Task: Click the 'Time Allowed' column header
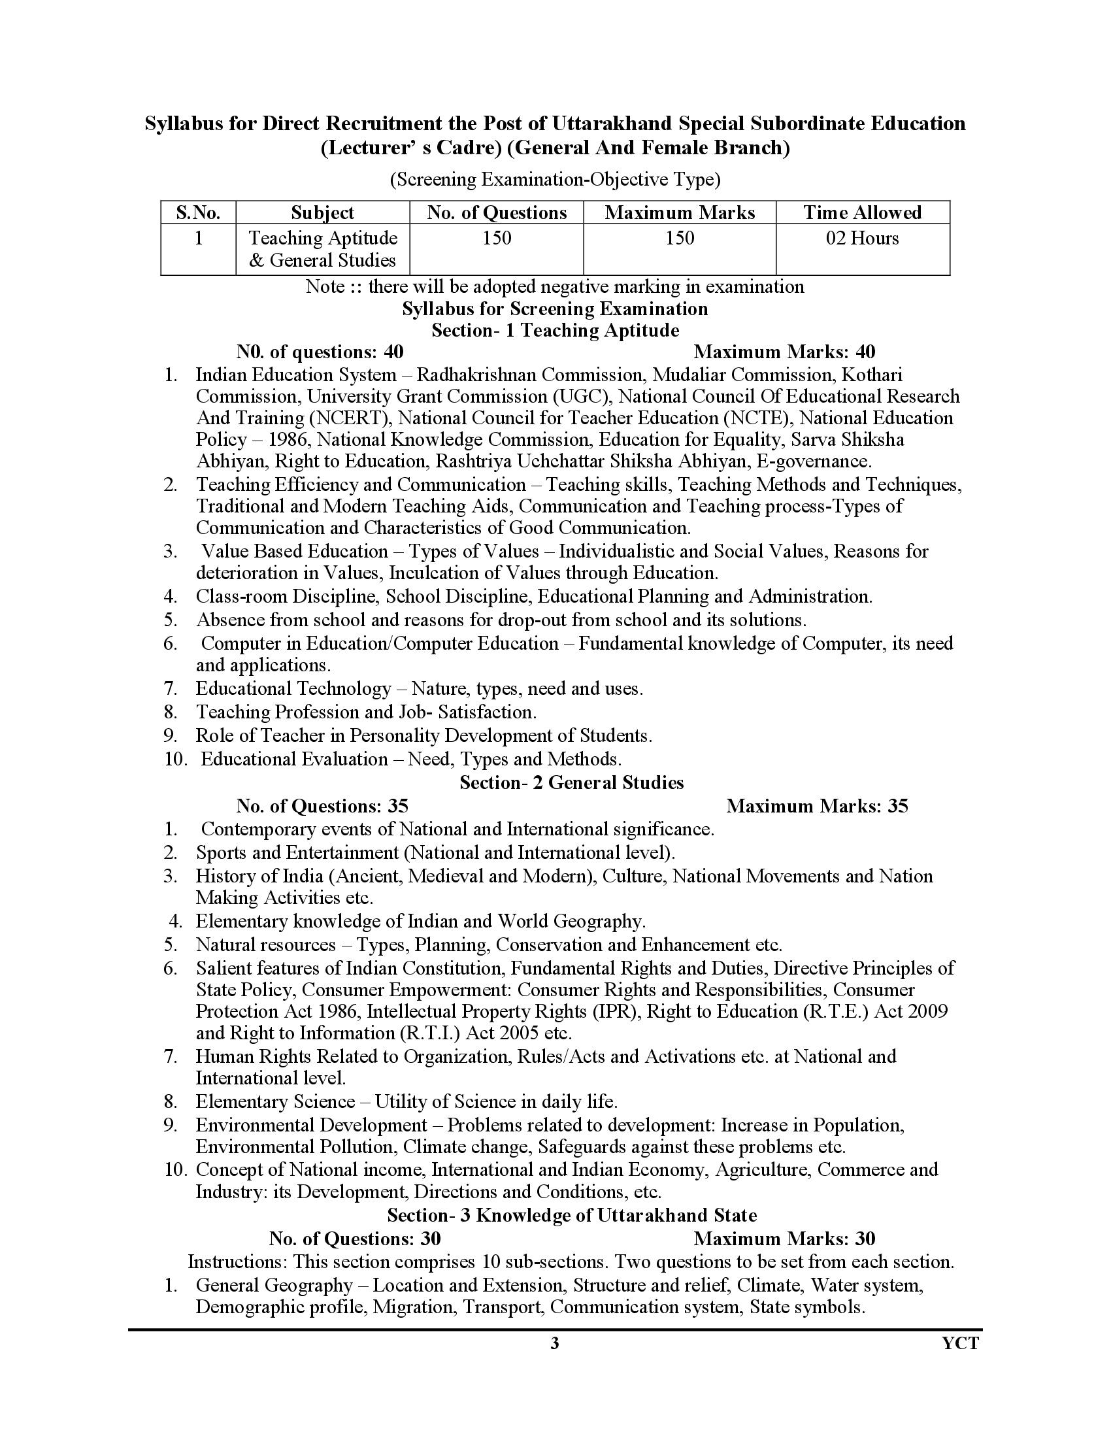coord(862,212)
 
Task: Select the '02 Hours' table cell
coord(862,238)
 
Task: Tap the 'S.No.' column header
coord(198,212)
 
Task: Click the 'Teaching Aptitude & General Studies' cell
coord(322,249)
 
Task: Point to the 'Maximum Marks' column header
coord(679,212)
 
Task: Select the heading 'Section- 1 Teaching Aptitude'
coord(555,330)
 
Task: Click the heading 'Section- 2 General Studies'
coord(571,782)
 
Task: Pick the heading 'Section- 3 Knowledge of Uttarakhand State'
coord(571,1215)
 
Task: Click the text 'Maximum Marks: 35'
coord(817,806)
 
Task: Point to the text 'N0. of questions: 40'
coord(320,352)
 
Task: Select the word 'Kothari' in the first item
coord(872,375)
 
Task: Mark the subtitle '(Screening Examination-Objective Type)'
coord(555,179)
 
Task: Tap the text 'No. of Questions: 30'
coord(355,1239)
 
